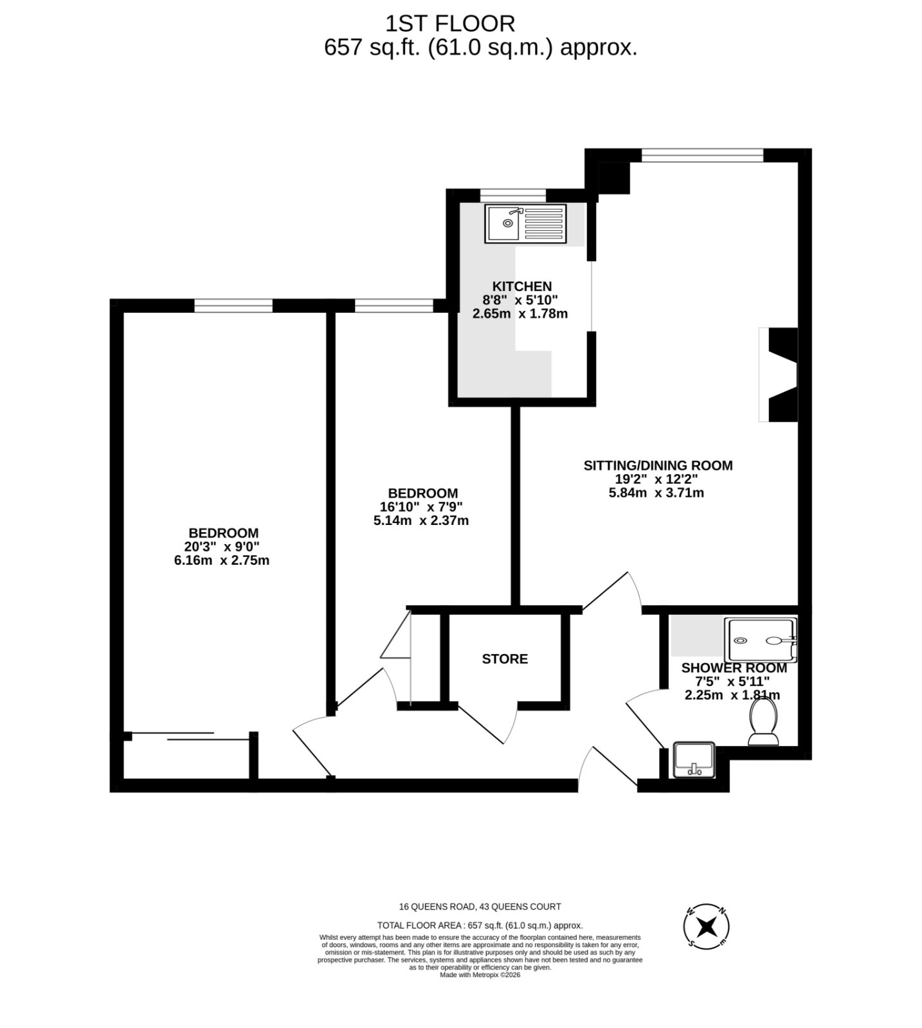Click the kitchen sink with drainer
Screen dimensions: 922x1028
coord(526,224)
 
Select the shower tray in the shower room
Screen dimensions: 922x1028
coord(761,641)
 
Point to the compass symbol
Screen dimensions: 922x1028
coord(707,926)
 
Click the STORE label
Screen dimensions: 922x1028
coord(505,659)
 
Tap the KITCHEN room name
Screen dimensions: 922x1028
coord(522,287)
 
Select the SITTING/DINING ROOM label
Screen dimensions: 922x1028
coord(658,465)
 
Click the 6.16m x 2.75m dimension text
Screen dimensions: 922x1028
coord(222,560)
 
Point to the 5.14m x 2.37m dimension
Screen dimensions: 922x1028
coord(421,520)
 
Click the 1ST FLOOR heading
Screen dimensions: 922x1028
coord(450,24)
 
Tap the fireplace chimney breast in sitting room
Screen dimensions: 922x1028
coord(782,375)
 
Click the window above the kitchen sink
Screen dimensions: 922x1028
coord(513,195)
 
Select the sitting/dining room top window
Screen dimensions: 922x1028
coord(702,155)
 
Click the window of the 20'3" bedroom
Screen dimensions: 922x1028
coord(233,306)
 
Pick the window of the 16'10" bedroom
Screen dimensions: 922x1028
coord(394,306)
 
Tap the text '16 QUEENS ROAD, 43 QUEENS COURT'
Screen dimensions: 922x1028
coord(480,907)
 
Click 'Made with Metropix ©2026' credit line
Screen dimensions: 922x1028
coord(480,975)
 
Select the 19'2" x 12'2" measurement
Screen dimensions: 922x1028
coord(656,479)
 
